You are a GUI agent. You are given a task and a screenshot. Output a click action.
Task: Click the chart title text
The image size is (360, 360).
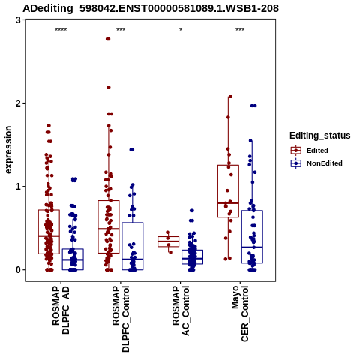pos(151,8)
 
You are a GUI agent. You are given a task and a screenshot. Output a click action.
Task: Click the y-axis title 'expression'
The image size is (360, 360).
pos(8,150)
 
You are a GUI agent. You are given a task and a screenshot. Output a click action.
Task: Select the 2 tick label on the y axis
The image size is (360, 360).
pos(19,103)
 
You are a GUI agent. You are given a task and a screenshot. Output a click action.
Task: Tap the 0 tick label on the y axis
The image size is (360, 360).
pos(19,270)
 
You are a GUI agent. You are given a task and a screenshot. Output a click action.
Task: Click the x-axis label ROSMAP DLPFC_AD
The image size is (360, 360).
pos(61,310)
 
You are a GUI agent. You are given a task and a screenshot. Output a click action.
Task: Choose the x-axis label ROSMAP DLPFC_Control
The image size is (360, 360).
pos(121,319)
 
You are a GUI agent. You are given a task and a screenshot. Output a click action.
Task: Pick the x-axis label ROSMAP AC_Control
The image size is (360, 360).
pos(181,310)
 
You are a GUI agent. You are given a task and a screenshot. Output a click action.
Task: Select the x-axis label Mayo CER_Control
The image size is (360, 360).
pos(240,313)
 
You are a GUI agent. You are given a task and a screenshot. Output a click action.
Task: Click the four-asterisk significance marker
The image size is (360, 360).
pos(61,30)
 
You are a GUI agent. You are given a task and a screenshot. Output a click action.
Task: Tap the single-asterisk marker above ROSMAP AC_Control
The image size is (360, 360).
pos(181,30)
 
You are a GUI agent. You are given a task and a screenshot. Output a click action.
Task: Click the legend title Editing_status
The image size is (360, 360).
pos(320,136)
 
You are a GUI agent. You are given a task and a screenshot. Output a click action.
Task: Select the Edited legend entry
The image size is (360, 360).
pos(310,151)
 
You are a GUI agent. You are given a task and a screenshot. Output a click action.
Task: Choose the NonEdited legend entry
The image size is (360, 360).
pos(316,163)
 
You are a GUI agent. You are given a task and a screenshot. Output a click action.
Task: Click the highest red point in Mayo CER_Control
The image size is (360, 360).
pos(230,97)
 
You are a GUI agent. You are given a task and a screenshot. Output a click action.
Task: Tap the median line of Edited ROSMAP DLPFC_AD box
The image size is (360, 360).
pos(49,235)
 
